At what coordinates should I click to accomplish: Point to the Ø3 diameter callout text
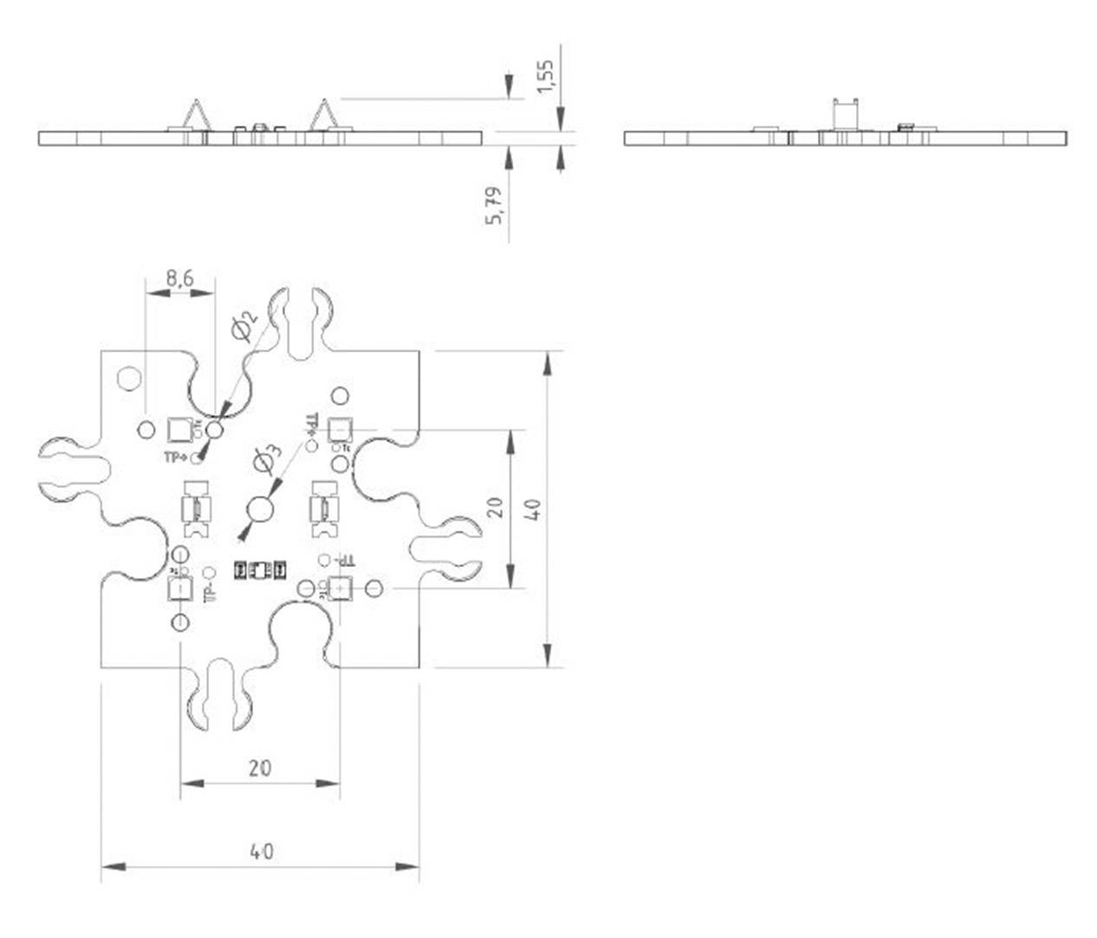click(x=267, y=458)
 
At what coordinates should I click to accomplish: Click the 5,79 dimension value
click(x=494, y=205)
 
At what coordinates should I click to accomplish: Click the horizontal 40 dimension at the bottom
click(x=261, y=851)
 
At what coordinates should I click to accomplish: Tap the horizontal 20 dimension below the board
click(x=260, y=768)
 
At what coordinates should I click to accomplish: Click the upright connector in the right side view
click(x=845, y=115)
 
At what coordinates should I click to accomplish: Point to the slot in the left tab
click(x=73, y=469)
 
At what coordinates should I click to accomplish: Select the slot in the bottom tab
click(x=219, y=694)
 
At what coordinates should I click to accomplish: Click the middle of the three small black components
click(x=260, y=570)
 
